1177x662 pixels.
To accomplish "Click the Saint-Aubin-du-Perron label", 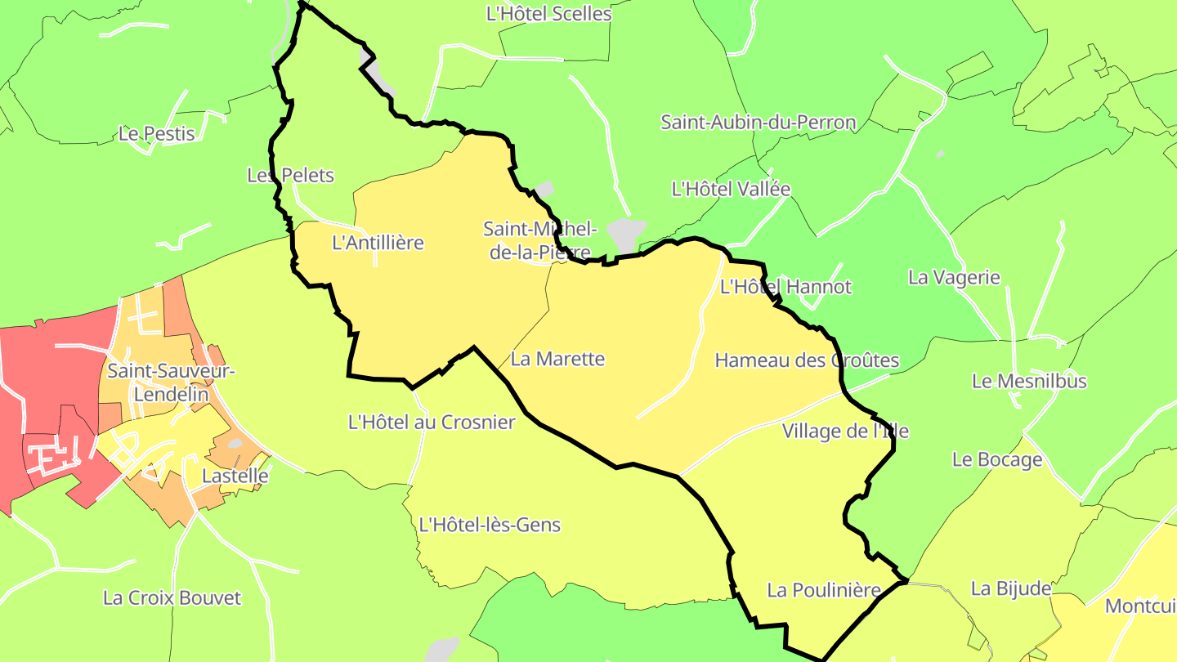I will point(758,123).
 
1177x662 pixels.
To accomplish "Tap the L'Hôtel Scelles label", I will point(548,14).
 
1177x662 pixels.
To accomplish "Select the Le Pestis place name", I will point(157,133).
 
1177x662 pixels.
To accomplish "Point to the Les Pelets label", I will point(290,176).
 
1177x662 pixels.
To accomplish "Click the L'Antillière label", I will point(378,243).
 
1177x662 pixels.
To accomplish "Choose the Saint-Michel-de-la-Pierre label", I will point(540,240).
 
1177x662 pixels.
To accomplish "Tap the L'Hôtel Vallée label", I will point(731,189).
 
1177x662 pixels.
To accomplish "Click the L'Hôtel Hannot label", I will point(785,287).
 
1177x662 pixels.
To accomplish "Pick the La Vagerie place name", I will point(954,277).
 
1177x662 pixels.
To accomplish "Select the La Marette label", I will point(557,359).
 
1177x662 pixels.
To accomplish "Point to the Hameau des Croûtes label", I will point(807,360).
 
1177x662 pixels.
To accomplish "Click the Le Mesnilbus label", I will point(1029,381).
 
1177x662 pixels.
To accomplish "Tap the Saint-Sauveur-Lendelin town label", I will point(171,382).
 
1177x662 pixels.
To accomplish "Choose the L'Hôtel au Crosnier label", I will point(432,423).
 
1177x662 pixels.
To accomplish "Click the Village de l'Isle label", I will point(845,431).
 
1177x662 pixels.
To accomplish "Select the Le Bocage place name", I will point(997,459).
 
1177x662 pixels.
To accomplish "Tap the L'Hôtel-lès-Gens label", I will point(490,525).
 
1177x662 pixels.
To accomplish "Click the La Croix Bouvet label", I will point(172,597).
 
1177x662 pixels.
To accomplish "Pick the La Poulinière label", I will point(823,590).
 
